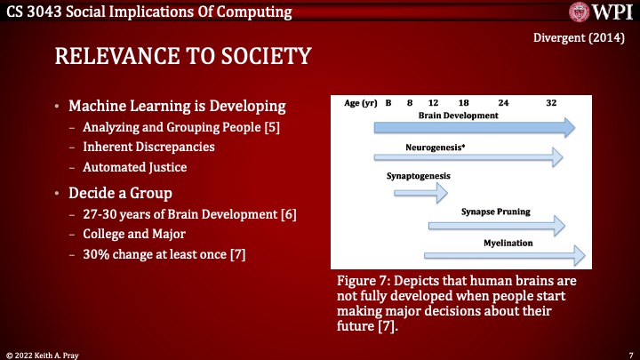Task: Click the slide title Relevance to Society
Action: point(182,57)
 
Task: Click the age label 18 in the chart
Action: point(464,103)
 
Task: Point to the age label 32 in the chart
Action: point(551,103)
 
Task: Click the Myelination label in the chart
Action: point(507,241)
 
